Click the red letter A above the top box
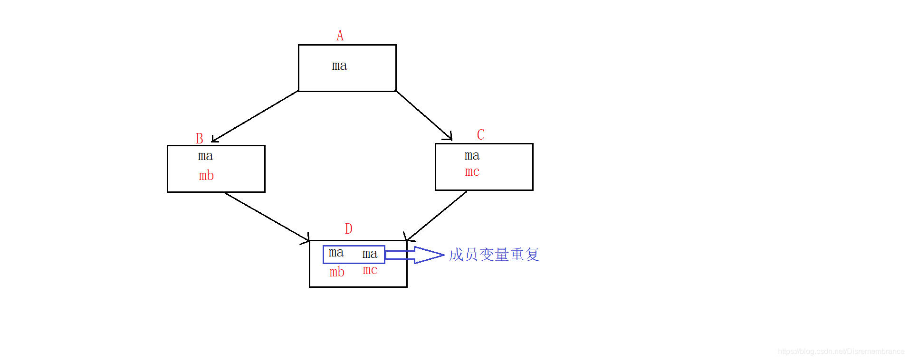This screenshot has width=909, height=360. [x=340, y=36]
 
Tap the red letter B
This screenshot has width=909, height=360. [x=200, y=138]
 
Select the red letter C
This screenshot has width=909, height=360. [x=480, y=134]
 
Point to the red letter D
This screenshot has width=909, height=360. [x=348, y=229]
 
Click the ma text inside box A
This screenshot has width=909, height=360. [x=339, y=66]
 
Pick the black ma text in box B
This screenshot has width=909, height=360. [x=205, y=156]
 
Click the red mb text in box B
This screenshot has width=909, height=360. [x=206, y=176]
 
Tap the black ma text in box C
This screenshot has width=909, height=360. [x=472, y=155]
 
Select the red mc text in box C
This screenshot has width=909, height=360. [x=472, y=171]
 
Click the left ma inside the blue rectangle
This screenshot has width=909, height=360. [x=336, y=253]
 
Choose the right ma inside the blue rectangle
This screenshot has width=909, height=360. [x=370, y=254]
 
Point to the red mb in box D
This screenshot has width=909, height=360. [x=337, y=272]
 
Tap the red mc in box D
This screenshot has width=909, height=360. [x=370, y=270]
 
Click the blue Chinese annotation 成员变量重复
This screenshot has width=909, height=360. [x=494, y=255]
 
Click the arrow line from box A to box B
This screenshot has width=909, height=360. [x=255, y=116]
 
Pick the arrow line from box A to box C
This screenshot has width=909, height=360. [x=423, y=115]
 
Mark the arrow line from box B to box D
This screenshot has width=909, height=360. [x=266, y=216]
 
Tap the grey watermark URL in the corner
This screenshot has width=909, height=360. [x=841, y=351]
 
